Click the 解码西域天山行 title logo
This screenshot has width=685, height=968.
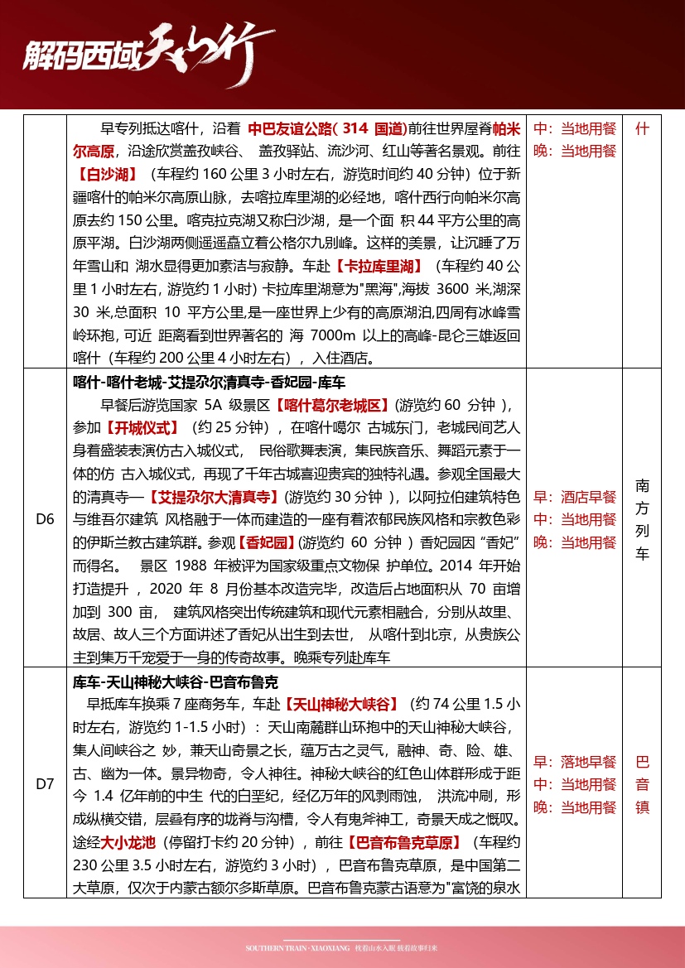[137, 56]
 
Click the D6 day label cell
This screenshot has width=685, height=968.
[45, 519]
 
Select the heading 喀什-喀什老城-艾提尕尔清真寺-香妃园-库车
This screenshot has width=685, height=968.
[209, 383]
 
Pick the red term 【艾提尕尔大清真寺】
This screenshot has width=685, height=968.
[213, 497]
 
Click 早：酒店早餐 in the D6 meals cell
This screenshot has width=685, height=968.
[575, 497]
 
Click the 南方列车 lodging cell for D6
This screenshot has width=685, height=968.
[642, 519]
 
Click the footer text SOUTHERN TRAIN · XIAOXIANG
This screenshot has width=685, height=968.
[297, 947]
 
